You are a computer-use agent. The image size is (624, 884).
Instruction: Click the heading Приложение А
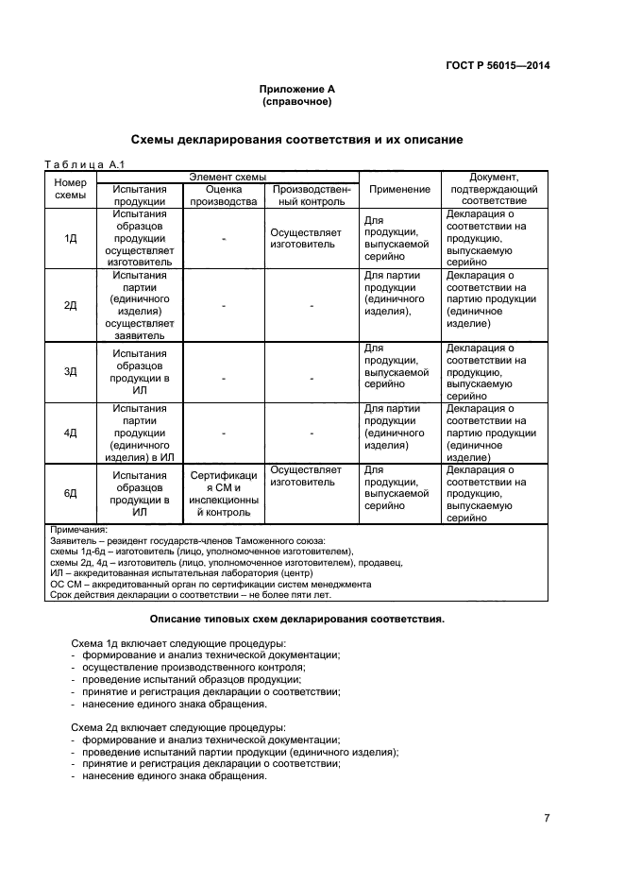[x=297, y=90]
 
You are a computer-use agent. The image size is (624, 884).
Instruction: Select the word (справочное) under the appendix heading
[x=297, y=101]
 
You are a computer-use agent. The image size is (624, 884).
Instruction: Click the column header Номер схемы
[x=71, y=189]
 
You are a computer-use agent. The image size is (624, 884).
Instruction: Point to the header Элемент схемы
[x=228, y=177]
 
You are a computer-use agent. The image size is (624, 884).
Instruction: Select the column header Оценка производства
[x=224, y=195]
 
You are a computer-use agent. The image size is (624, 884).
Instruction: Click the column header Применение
[x=399, y=189]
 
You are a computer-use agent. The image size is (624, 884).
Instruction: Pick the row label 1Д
[x=71, y=238]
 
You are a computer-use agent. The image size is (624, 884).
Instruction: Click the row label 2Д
[x=71, y=305]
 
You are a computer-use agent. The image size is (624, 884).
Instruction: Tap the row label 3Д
[x=71, y=371]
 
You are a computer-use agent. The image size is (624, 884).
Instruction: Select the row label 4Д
[x=71, y=433]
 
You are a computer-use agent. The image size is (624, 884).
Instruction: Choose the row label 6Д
[x=71, y=493]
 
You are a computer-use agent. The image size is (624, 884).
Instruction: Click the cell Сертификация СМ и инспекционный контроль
[x=224, y=494]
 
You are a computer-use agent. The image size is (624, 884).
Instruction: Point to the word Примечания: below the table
[x=79, y=531]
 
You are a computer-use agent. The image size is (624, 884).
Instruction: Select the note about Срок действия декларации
[x=190, y=595]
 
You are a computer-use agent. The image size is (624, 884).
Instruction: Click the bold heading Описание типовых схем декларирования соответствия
[x=297, y=620]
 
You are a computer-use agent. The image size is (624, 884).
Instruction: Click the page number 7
[x=547, y=818]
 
